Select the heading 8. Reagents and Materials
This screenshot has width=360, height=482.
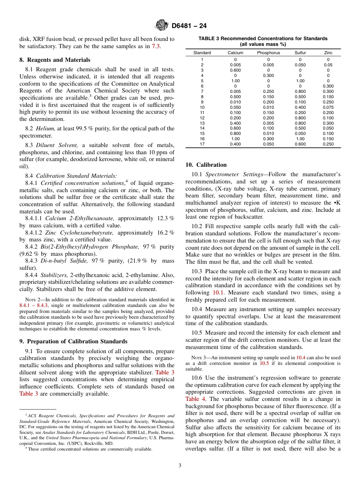coord(55,60)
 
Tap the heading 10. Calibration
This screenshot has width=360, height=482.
coord(206,165)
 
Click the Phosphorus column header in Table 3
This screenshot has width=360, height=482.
coord(268,53)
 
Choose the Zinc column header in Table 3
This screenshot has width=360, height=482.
coord(328,53)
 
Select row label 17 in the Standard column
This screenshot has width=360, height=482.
coord(202,144)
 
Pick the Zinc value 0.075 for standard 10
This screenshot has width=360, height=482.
coord(328,107)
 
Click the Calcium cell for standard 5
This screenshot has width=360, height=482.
coord(235,81)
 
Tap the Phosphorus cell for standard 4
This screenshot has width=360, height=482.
coord(268,75)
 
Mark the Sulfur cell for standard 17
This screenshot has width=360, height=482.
coord(301,144)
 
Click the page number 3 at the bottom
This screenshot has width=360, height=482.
coord(180,465)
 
